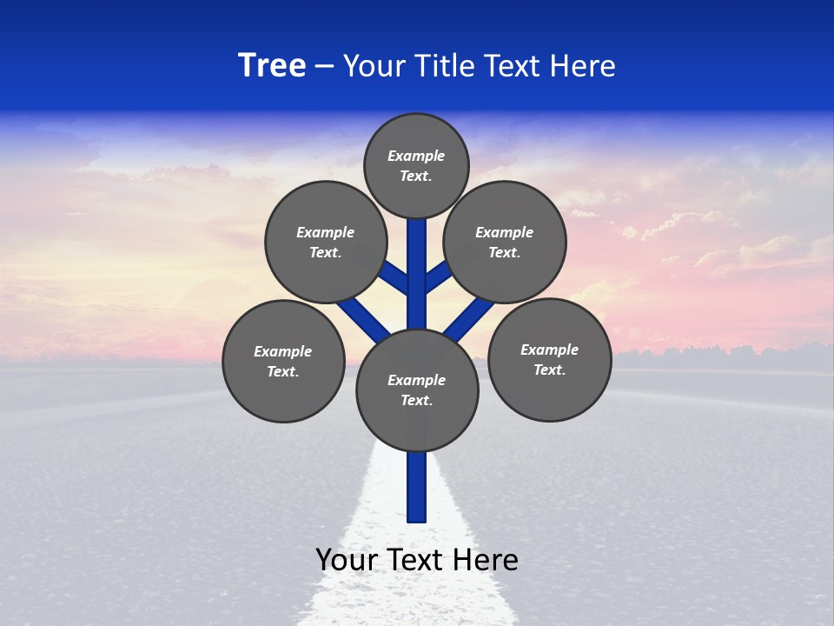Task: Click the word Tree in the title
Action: [x=272, y=66]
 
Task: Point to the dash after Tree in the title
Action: [x=324, y=67]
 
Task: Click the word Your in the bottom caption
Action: [x=347, y=560]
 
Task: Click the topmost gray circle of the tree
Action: [x=416, y=165]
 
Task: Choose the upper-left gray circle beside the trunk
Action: [x=326, y=242]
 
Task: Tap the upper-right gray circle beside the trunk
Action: [x=505, y=242]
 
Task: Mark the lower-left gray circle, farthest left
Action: [x=283, y=361]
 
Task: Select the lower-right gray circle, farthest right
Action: [x=549, y=359]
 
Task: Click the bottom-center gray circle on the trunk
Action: [x=417, y=390]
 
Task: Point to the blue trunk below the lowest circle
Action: [x=417, y=487]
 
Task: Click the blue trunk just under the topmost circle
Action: [x=417, y=239]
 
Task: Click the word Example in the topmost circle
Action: [x=416, y=156]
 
